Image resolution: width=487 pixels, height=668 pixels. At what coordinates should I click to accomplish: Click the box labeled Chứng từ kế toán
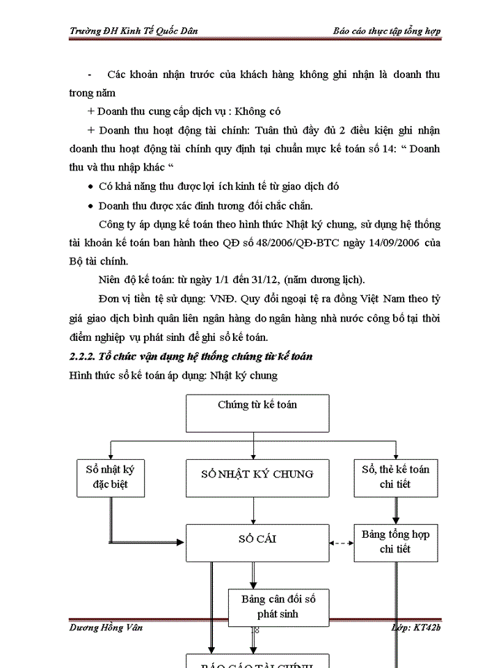[257, 413]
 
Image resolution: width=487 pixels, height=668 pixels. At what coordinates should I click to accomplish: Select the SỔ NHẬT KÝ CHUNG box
[257, 477]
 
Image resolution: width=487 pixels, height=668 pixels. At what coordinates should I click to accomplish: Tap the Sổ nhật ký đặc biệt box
[110, 477]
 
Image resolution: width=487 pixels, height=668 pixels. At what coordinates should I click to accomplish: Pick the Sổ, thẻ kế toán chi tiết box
[395, 477]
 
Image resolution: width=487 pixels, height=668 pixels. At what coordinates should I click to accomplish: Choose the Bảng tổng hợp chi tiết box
[395, 543]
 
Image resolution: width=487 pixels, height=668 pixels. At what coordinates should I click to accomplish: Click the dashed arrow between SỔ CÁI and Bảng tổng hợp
[342, 543]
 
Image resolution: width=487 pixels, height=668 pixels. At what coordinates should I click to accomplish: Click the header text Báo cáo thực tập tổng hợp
[386, 31]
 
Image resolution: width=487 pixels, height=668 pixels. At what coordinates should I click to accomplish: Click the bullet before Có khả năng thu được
[92, 188]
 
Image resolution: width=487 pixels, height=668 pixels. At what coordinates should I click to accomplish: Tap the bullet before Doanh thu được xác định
[92, 207]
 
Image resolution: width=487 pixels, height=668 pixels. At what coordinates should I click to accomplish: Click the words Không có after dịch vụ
[258, 111]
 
